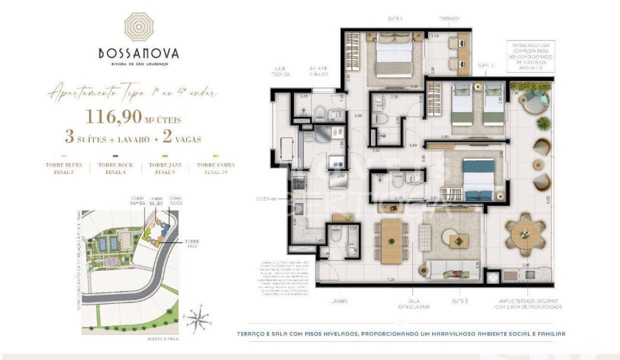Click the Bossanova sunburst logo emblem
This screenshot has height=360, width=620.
pos(138,27)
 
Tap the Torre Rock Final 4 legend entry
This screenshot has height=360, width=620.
pos(115,168)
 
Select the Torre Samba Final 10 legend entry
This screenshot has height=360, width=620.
pos(215,168)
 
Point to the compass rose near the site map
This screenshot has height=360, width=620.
pos(198,317)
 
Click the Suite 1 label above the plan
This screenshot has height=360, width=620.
pos(395,18)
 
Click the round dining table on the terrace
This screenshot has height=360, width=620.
pos(524,234)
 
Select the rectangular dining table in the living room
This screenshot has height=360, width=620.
pos(391,241)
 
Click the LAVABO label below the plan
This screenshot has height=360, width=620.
pos(338,301)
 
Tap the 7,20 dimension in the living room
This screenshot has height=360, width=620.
pos(390,280)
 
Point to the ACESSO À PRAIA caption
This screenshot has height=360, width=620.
pos(163,339)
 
